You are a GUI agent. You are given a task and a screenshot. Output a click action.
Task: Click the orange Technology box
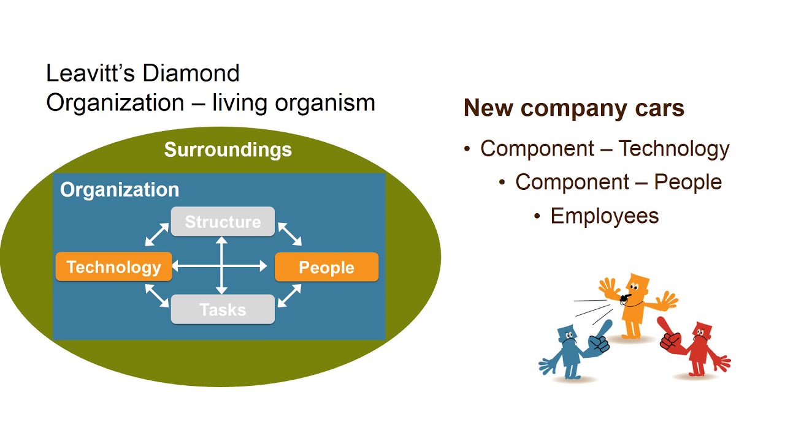[114, 266]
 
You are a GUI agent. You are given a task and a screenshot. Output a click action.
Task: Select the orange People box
[327, 267]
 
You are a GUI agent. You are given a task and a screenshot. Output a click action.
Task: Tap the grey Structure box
[223, 222]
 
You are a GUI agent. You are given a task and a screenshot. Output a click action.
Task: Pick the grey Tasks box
[223, 309]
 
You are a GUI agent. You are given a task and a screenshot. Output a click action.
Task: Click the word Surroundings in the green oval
[228, 150]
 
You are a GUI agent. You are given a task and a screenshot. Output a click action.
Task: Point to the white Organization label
[120, 190]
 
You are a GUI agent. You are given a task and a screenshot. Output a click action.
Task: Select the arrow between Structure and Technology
[157, 234]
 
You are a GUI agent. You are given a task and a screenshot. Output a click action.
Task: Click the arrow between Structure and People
[290, 234]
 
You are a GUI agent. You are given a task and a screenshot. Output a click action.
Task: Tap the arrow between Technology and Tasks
[157, 296]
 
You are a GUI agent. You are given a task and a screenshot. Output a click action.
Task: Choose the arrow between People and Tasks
[289, 296]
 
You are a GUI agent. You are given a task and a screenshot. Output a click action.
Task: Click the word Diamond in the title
[191, 73]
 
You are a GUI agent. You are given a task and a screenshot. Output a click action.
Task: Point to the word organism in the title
[325, 104]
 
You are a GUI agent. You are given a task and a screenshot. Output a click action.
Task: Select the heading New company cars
[573, 108]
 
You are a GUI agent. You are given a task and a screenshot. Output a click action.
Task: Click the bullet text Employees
[605, 216]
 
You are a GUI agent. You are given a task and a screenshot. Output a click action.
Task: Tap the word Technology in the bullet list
[674, 149]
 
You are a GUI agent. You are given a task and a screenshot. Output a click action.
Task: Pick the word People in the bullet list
[688, 182]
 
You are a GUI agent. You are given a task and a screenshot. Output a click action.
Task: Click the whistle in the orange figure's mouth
[624, 298]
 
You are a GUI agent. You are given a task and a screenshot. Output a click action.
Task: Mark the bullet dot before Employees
[537, 216]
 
